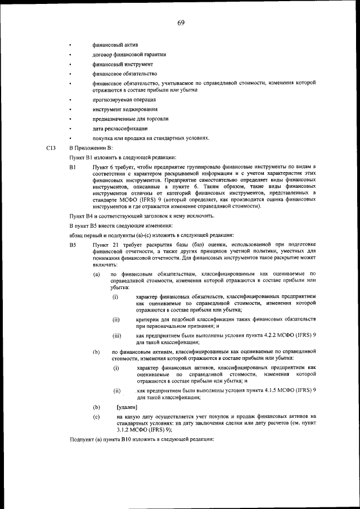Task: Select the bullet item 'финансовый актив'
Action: click(x=116, y=44)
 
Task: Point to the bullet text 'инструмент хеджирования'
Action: click(x=125, y=109)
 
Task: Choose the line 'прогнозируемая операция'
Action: click(x=125, y=100)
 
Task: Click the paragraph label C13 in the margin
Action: click(x=51, y=148)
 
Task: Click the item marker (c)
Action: click(x=97, y=417)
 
